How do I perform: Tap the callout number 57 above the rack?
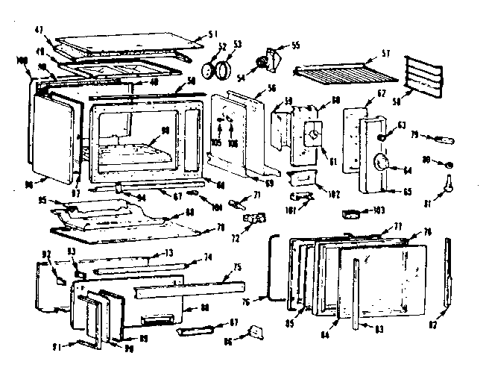point(385,54)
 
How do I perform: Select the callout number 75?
point(236,266)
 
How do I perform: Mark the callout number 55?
point(296,46)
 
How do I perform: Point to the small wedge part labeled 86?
point(257,331)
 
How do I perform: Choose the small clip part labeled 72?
point(257,219)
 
